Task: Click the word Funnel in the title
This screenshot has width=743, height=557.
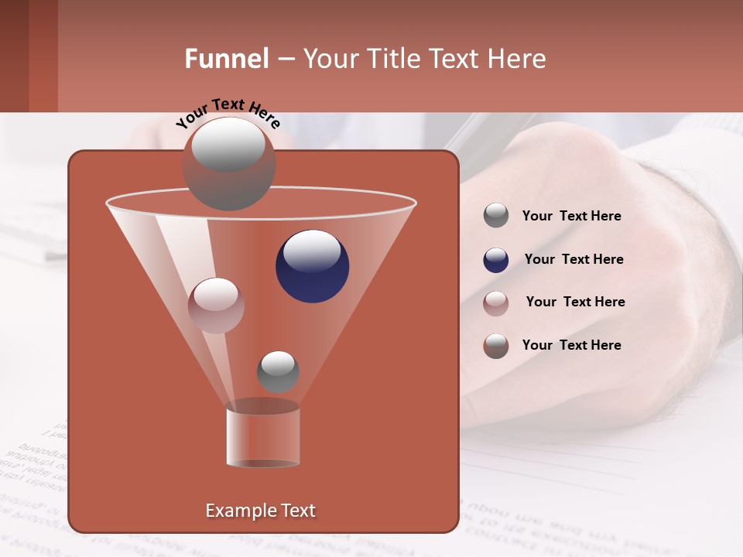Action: click(227, 59)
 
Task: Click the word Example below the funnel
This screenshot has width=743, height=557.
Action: click(235, 511)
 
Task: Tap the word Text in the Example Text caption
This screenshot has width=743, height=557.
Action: click(293, 511)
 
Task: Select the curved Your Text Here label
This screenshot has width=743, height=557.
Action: click(228, 111)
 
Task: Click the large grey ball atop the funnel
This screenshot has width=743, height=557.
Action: click(228, 164)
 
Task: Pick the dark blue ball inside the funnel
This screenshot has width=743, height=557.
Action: click(312, 266)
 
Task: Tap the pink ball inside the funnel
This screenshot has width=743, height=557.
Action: click(216, 306)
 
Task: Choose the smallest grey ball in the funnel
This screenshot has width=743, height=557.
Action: click(278, 371)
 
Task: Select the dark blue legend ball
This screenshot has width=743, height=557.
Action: click(495, 260)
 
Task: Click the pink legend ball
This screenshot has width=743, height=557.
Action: click(495, 302)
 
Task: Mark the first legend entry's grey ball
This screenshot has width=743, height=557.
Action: click(495, 216)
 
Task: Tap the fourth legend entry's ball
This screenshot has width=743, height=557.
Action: click(495, 346)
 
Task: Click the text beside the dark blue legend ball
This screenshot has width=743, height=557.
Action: click(574, 259)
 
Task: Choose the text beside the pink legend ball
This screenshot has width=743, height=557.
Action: click(575, 302)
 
